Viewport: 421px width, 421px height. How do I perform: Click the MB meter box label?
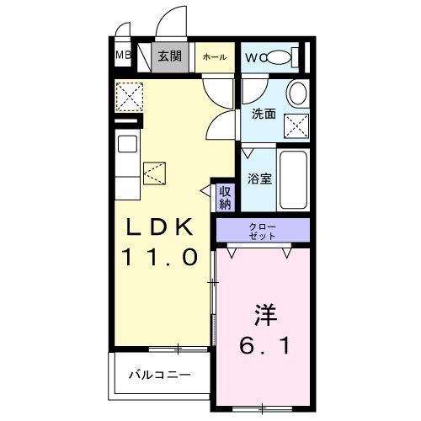[122, 56]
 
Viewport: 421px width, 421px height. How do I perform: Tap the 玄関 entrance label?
[170, 56]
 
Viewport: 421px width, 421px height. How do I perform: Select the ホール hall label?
[215, 56]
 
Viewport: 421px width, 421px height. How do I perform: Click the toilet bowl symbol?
[283, 56]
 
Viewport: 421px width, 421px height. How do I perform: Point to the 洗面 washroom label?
[264, 114]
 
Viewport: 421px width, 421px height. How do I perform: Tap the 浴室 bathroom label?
[258, 179]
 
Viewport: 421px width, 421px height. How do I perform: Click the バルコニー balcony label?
[160, 374]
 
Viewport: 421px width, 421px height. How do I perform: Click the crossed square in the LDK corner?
[130, 98]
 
